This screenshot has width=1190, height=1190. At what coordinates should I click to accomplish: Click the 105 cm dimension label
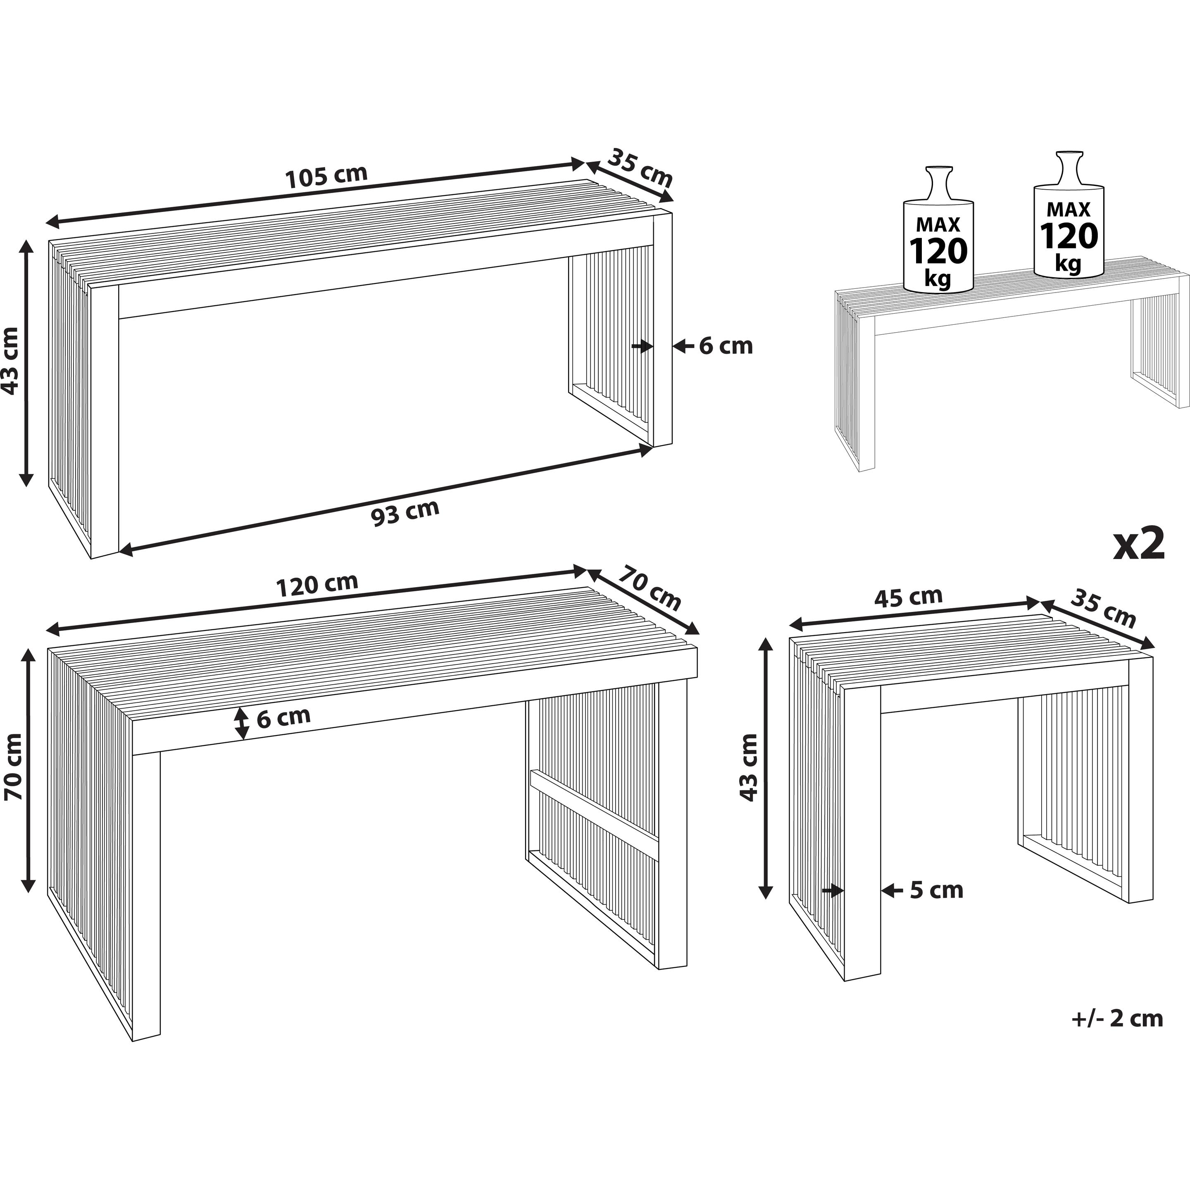pos(326,177)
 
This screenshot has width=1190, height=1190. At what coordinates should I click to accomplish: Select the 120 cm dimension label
pos(317,586)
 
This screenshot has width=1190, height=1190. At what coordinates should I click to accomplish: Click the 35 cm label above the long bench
pos(640,167)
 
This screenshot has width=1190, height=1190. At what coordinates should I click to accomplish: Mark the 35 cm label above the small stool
pos(1103,608)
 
